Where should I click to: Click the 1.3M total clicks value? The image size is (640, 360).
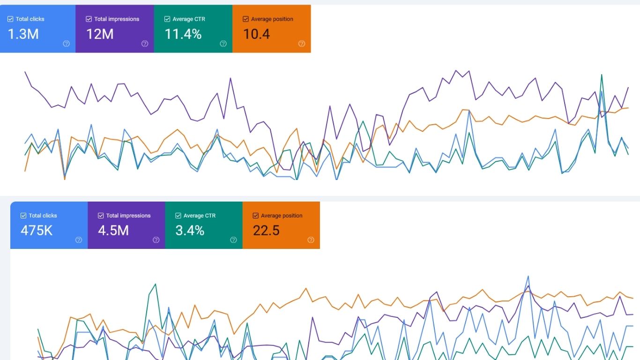tap(23, 34)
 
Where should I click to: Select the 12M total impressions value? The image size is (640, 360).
tap(100, 34)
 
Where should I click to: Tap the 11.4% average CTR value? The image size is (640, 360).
tap(183, 34)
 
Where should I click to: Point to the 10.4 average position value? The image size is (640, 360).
tap(257, 34)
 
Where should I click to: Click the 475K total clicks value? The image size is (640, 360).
tap(37, 230)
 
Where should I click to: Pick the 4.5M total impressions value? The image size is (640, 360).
tap(113, 230)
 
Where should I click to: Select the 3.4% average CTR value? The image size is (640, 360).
tap(190, 230)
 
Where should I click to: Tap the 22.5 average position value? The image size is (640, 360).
tap(266, 230)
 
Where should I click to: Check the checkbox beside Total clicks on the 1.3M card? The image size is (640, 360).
tap(10, 19)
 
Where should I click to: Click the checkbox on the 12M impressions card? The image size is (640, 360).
tap(89, 19)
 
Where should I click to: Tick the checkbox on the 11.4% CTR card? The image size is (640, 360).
tap(167, 19)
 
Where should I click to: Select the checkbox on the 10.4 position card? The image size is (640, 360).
tap(246, 19)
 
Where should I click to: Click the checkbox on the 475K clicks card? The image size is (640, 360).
tap(23, 216)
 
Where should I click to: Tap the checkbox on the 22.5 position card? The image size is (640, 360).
tap(255, 216)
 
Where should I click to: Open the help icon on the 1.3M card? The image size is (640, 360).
tap(67, 44)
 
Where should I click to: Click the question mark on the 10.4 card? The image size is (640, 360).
tap(302, 44)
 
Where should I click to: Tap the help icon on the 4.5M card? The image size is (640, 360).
tap(156, 240)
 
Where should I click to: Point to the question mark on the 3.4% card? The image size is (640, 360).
tap(233, 240)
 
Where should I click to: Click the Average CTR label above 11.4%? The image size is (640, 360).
tap(189, 19)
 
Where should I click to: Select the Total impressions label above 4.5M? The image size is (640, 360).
tap(128, 216)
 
